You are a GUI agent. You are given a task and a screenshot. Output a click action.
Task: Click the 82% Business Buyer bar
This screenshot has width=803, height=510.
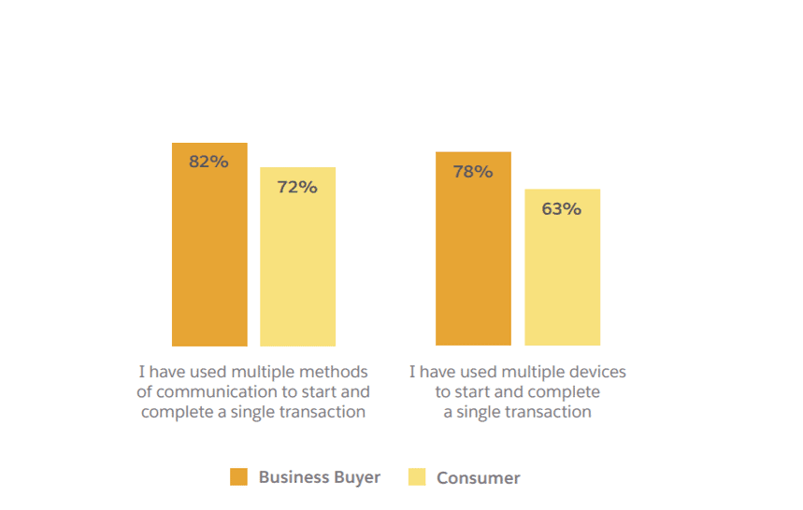point(209,252)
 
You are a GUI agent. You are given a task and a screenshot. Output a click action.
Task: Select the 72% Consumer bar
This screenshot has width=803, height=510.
point(297,266)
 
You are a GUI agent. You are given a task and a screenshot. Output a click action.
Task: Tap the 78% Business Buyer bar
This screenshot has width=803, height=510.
point(473,257)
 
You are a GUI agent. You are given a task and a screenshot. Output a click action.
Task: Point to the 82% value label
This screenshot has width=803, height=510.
point(208,162)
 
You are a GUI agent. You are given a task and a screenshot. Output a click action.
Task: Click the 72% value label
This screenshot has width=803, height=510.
point(297,187)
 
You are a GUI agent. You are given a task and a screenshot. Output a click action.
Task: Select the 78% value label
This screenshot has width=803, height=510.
point(473,171)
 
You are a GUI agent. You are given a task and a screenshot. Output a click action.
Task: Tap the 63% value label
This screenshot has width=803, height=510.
point(562,208)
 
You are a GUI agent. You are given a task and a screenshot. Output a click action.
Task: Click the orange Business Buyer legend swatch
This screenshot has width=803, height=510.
point(239,477)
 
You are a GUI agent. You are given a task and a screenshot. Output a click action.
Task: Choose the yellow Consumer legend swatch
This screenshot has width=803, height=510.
point(417,477)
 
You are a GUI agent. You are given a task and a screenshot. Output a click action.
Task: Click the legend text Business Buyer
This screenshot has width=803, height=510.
point(320,477)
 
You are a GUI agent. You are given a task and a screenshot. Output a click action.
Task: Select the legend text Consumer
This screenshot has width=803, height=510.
point(478,478)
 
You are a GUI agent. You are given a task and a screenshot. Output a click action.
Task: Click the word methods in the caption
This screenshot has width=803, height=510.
point(337,372)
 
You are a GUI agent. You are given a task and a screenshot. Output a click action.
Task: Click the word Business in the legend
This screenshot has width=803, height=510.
point(294,477)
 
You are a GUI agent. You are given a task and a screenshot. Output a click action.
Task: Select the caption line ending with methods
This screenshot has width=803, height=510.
point(253,372)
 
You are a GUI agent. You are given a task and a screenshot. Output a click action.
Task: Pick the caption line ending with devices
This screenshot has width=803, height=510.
point(517,372)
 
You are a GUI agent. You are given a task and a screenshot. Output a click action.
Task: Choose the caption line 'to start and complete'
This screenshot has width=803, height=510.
point(517,391)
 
